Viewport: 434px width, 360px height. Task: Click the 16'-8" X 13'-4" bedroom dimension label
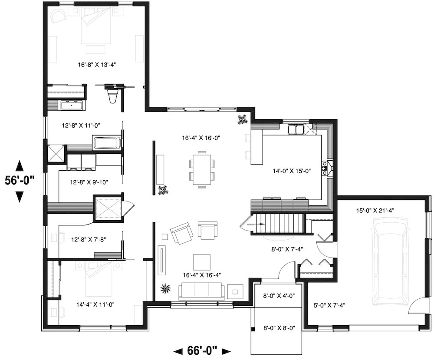97,65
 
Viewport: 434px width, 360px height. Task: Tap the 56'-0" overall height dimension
20,181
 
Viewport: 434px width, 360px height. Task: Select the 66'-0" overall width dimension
202,350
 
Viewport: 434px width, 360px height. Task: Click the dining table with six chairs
202,169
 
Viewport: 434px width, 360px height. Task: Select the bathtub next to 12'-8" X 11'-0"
106,142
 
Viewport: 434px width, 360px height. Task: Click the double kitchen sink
296,129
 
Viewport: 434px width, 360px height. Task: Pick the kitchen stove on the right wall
324,168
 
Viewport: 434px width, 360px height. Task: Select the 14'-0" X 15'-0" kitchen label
292,171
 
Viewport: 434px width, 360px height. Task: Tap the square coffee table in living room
201,262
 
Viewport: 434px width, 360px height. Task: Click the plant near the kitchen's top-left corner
241,119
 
